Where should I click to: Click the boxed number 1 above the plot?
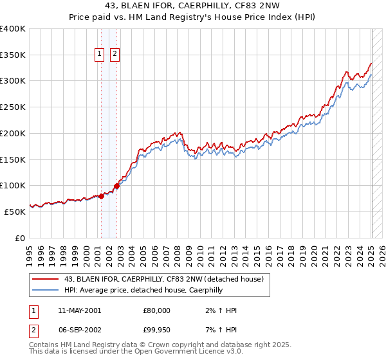point(100,55)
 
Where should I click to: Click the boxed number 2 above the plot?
point(115,55)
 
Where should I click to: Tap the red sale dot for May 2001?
point(102,197)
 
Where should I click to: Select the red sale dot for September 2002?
point(116,186)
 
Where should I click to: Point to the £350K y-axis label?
point(13,55)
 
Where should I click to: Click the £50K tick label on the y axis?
point(15,211)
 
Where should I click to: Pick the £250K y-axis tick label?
point(13,107)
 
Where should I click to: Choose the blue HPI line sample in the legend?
point(46,290)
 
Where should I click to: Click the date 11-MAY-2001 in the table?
point(79,310)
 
